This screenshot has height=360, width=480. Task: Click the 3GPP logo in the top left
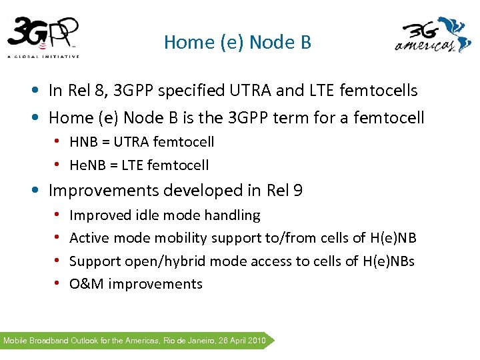coord(43,37)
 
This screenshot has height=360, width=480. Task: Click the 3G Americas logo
coord(433,37)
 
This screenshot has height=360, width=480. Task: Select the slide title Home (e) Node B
coord(237,43)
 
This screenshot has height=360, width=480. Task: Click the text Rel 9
coord(285,191)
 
